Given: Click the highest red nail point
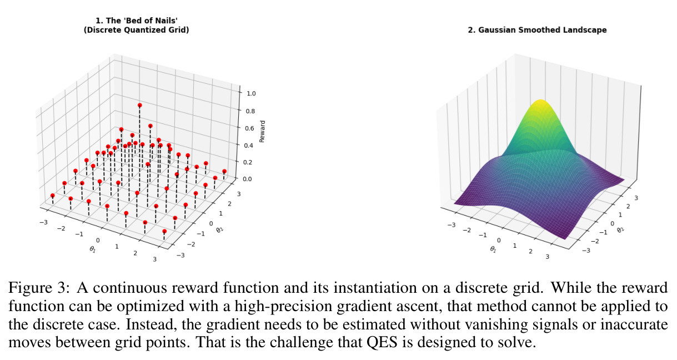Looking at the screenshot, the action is (139, 105).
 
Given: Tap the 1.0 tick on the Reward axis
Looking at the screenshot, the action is (251, 93).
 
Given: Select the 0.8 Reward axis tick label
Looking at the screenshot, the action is (250, 111).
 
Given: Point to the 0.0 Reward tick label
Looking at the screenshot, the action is (247, 179).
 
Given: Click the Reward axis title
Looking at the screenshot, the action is (262, 131).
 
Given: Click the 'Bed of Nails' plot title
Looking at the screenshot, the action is (136, 25).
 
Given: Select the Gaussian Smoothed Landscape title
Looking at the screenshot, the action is (537, 30).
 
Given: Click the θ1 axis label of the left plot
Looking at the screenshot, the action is (93, 249).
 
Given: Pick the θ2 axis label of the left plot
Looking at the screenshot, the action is (220, 229).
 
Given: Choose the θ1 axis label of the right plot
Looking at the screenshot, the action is (493, 249).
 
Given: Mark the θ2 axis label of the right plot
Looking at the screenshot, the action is (620, 229).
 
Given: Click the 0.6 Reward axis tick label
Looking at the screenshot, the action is (249, 128).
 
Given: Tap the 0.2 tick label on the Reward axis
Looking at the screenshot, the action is (248, 162).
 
